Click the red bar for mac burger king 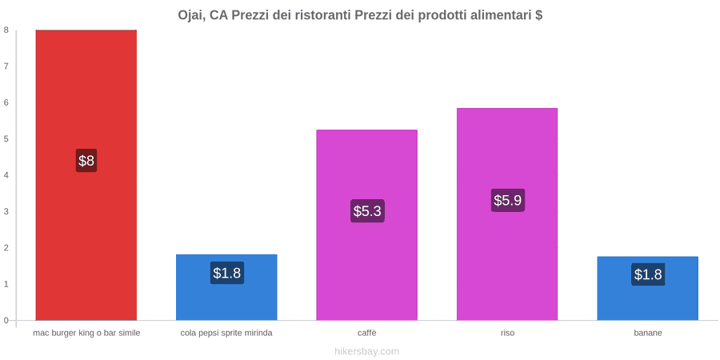(x=86, y=175)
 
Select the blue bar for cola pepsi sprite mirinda (x=226, y=287)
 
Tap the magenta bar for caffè (x=367, y=225)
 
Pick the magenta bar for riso (x=507, y=214)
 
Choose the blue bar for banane (x=647, y=288)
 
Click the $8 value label (x=86, y=161)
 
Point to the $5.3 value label (x=367, y=211)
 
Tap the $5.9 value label (x=508, y=200)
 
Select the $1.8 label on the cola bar (x=227, y=273)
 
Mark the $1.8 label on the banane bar (x=648, y=274)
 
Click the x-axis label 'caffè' (x=367, y=334)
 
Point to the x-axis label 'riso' (x=507, y=334)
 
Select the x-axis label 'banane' (x=648, y=334)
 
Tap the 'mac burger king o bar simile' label (x=86, y=334)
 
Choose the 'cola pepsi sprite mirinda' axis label (x=226, y=334)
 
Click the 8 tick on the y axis (x=6, y=30)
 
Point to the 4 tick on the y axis (x=6, y=175)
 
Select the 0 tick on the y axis (x=6, y=320)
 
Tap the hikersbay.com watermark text (x=366, y=352)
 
